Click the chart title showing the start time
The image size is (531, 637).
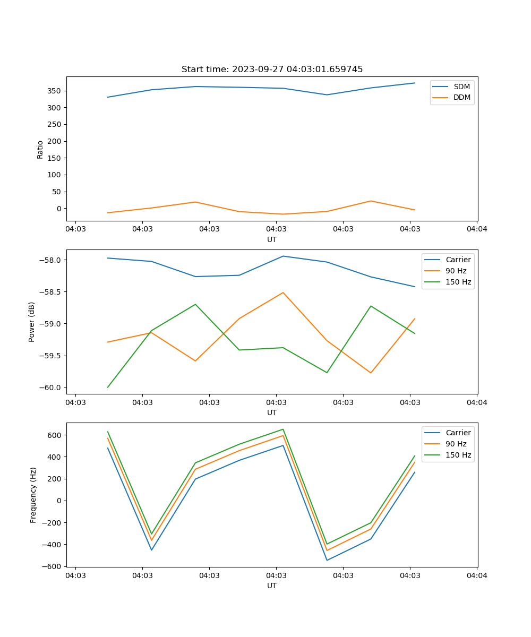(x=272, y=70)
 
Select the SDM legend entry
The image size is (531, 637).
(x=461, y=87)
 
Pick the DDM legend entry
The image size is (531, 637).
(x=461, y=97)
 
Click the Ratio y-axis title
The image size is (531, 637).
(x=40, y=149)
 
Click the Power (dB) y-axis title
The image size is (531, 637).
(x=32, y=322)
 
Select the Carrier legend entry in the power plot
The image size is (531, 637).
(x=458, y=260)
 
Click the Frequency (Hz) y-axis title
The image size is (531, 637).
(x=33, y=495)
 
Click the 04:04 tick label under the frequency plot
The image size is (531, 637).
(x=476, y=575)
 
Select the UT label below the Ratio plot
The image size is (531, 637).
(x=272, y=239)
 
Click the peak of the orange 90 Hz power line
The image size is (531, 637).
(x=283, y=292)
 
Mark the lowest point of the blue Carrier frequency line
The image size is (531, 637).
(x=327, y=560)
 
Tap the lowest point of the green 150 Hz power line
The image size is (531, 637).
(x=108, y=387)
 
